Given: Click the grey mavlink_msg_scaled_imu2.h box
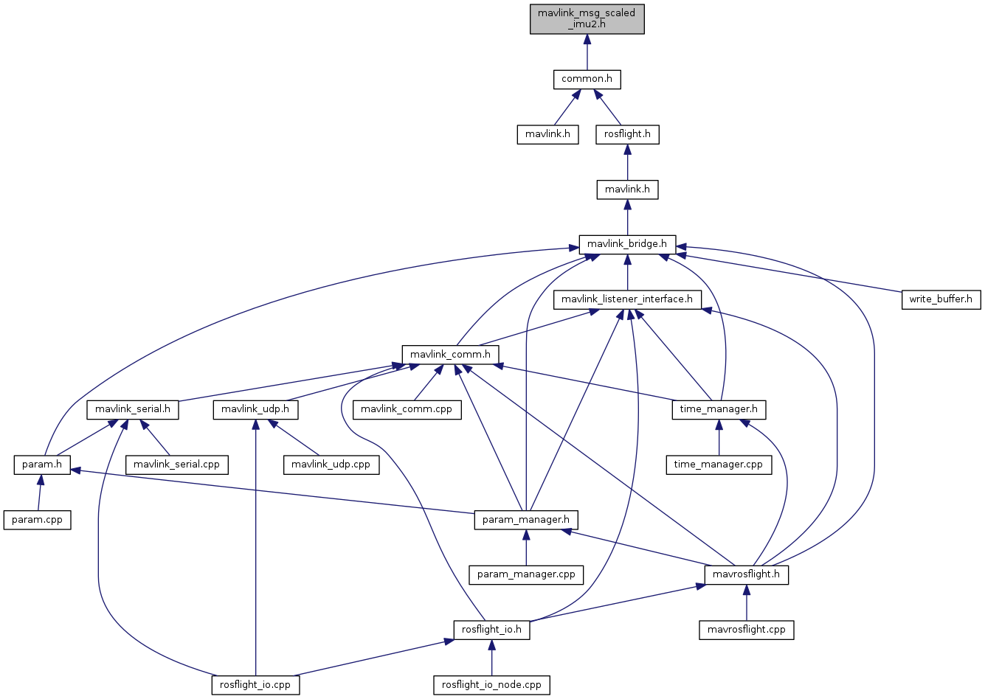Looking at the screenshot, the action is click(x=587, y=19).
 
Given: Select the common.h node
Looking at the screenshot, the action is click(x=587, y=79).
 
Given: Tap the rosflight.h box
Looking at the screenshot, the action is click(x=627, y=134).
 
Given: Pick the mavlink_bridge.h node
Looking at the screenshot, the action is click(x=627, y=244).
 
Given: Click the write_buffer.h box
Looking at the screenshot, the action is click(x=941, y=299).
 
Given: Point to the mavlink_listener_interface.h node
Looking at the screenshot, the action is click(x=627, y=299).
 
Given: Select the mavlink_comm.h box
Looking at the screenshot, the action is click(x=450, y=355).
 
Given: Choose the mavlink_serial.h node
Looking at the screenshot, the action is click(x=133, y=409).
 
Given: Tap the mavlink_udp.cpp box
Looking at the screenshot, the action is click(x=331, y=465).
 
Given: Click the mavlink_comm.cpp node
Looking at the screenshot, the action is click(x=407, y=409).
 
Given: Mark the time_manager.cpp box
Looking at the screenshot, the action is click(x=719, y=465).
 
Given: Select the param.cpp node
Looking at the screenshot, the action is click(x=38, y=520).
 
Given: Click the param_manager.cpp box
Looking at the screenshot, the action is click(x=526, y=574).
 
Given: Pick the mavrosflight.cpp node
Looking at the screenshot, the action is click(x=747, y=630).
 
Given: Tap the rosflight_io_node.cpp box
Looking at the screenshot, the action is click(x=491, y=685).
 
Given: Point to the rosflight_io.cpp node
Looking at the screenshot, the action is click(x=255, y=685).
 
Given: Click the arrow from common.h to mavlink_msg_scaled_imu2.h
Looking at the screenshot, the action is click(x=587, y=52).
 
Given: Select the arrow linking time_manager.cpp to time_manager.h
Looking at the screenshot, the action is click(x=719, y=437).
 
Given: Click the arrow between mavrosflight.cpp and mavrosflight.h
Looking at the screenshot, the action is click(x=747, y=603).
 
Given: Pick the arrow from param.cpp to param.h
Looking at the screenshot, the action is click(x=39, y=493).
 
